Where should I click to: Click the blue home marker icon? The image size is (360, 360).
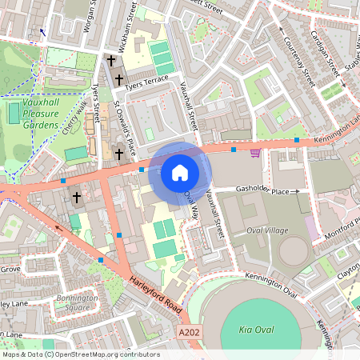click(x=180, y=172)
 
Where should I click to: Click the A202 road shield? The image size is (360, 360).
click(x=188, y=331)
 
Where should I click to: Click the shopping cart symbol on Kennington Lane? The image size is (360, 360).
click(x=255, y=152)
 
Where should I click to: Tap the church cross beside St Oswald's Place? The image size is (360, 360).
click(x=119, y=153)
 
